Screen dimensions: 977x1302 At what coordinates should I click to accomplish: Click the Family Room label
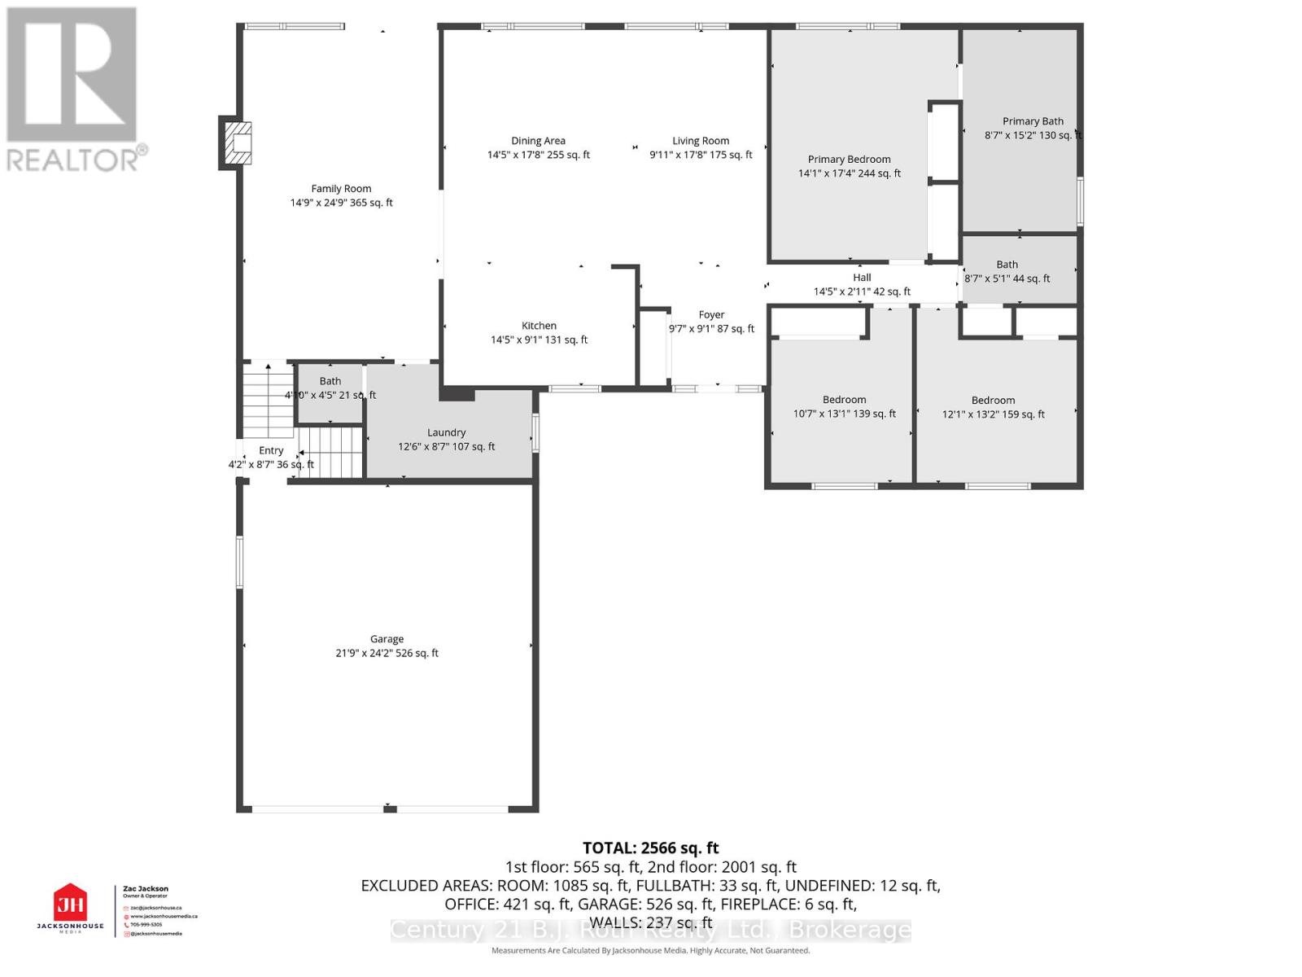[x=341, y=189]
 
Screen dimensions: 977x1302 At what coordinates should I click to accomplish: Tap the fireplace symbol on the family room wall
[x=237, y=143]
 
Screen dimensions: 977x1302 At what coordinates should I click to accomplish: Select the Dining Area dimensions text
[x=538, y=155]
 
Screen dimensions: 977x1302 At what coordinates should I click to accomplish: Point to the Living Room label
[x=700, y=141]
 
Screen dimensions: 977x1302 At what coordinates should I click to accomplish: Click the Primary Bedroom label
[x=849, y=160]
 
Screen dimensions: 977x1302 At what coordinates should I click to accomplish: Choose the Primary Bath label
[x=1032, y=121]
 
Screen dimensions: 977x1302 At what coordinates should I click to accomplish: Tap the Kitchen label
[x=539, y=326]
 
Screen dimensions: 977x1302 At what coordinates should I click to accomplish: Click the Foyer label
[x=710, y=315]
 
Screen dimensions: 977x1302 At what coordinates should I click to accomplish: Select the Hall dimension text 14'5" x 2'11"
[x=861, y=291]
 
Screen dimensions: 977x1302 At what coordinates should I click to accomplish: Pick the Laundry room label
[x=446, y=433]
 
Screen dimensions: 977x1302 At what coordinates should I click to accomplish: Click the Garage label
[x=387, y=639]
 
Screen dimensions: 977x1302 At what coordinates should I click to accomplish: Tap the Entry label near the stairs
[x=271, y=451]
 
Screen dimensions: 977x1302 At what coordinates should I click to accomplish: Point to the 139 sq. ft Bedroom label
[x=844, y=400]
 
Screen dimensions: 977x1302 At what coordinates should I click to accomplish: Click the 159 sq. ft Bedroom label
[x=993, y=401]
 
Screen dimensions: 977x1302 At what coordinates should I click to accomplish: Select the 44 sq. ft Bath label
[x=1007, y=265]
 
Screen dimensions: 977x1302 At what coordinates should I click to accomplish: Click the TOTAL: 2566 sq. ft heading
[x=650, y=848]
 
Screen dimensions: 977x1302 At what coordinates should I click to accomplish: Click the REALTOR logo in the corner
[x=73, y=90]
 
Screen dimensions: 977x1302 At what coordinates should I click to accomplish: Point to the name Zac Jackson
[x=146, y=889]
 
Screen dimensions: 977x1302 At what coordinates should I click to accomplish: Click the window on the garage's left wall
[x=239, y=562]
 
